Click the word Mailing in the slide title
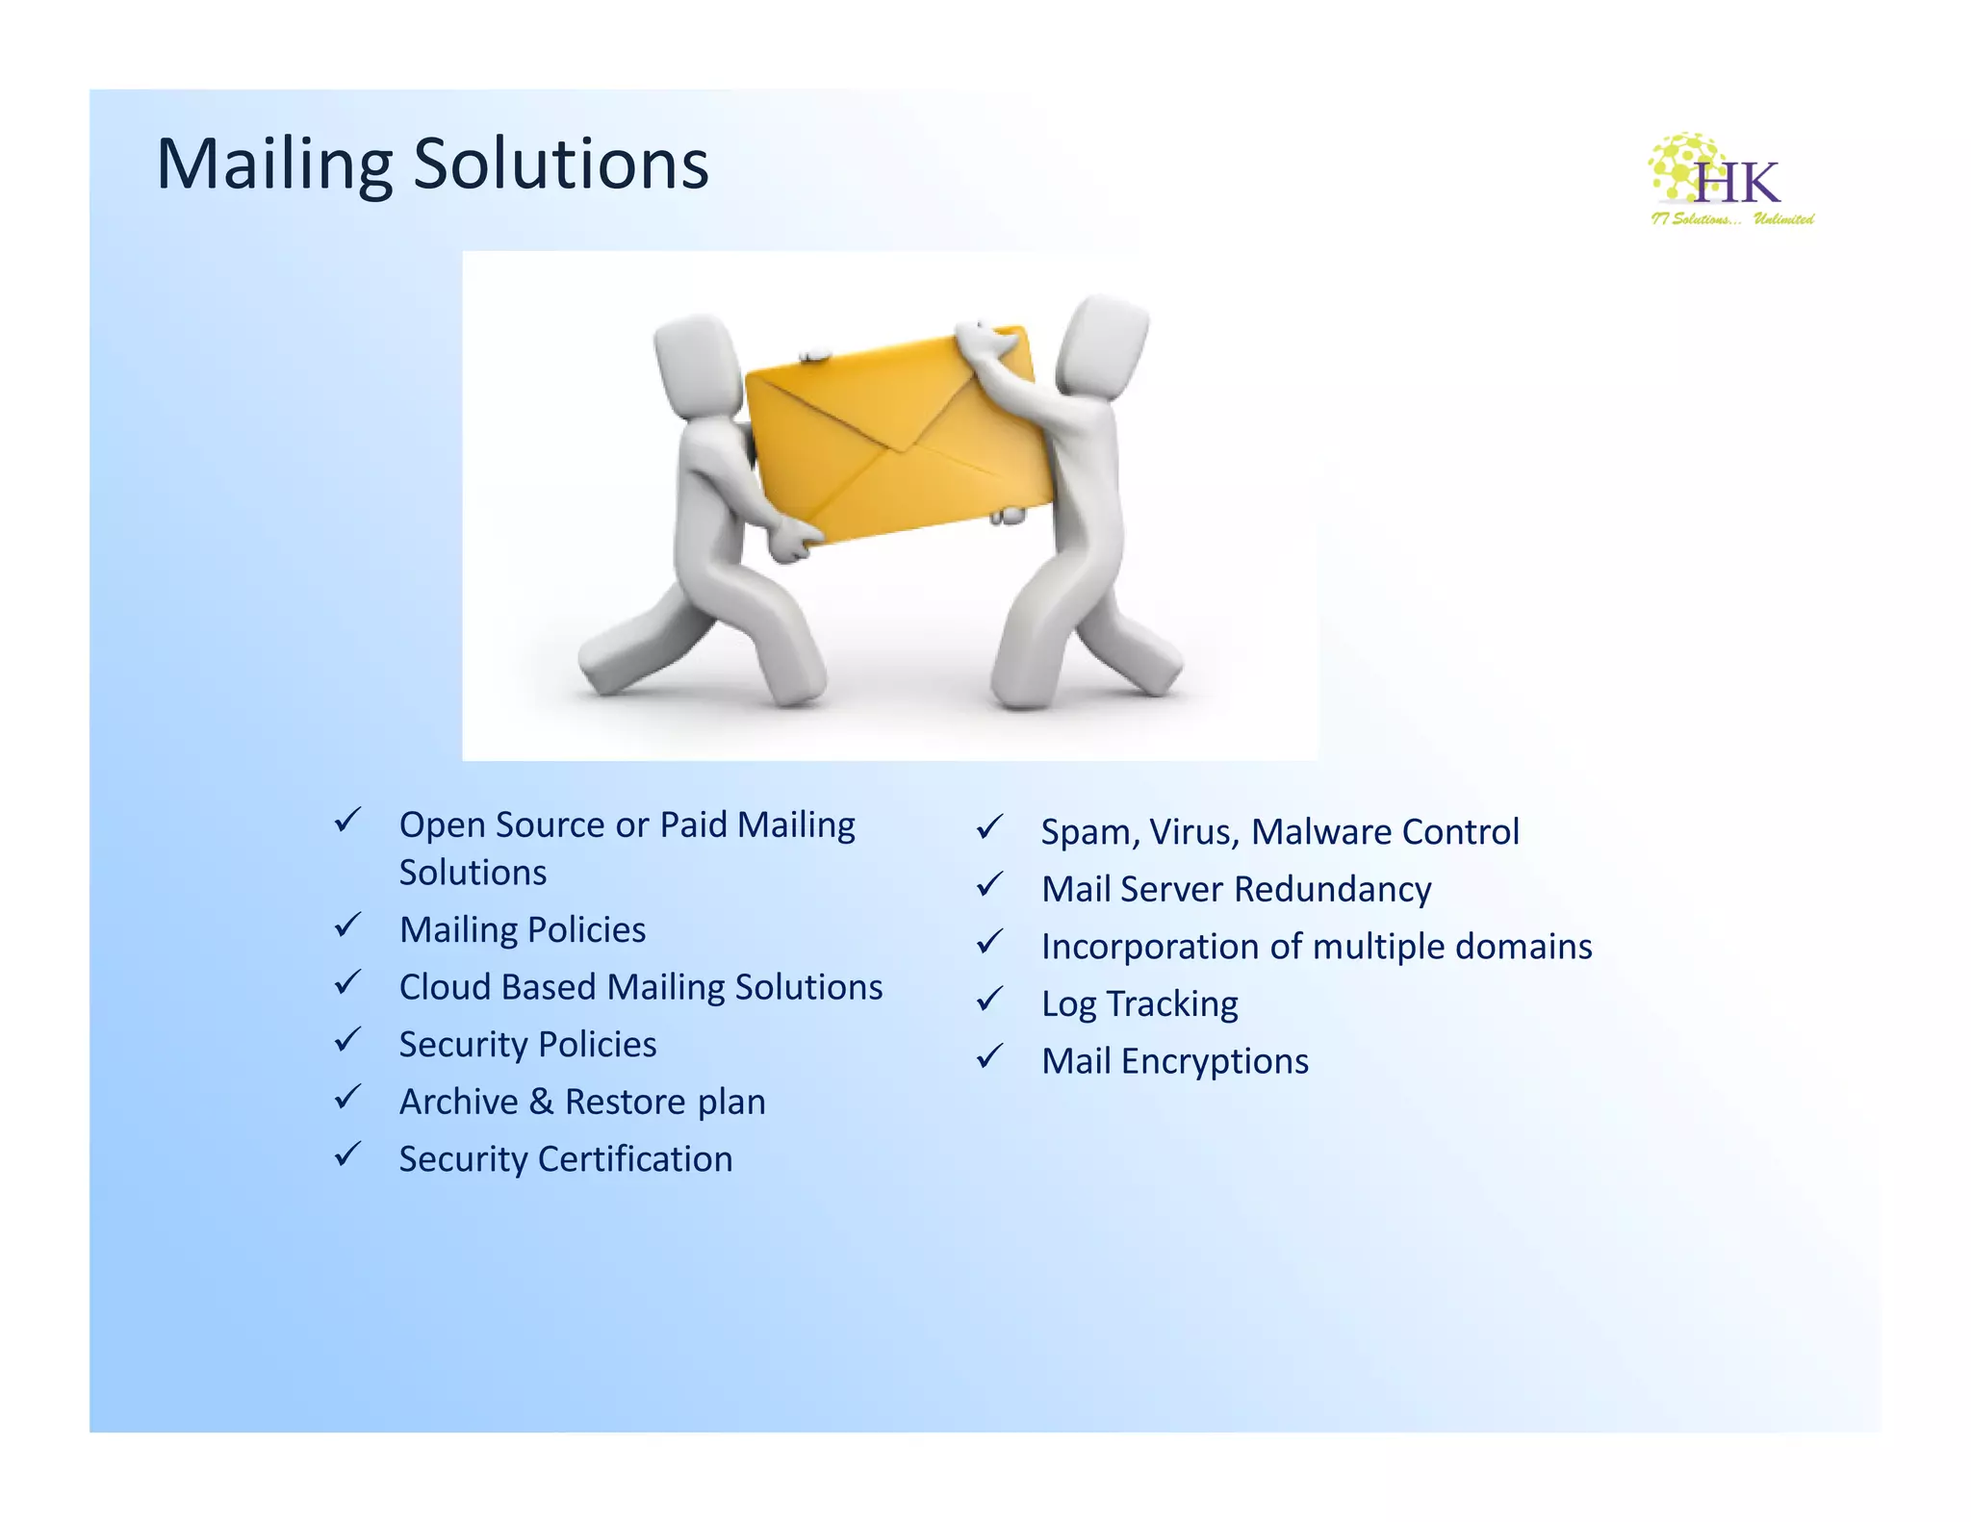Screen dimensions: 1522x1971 [x=274, y=165]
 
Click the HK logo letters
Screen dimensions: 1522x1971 [x=1737, y=182]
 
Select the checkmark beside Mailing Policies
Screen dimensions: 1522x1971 [x=347, y=926]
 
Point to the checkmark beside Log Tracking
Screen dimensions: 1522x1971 [x=989, y=1000]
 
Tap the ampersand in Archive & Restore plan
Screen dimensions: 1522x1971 [x=541, y=1102]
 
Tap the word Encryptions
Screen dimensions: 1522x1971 [x=1215, y=1061]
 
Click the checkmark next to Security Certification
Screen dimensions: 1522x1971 [x=347, y=1154]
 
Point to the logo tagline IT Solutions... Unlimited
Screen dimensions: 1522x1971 [x=1732, y=219]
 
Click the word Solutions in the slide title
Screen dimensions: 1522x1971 [x=561, y=165]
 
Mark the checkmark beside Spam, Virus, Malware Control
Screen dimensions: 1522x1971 [x=989, y=827]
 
